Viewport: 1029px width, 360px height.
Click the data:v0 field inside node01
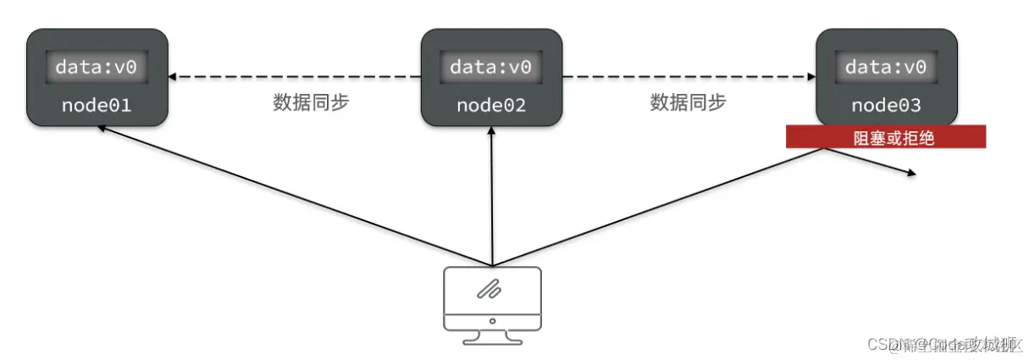tap(96, 67)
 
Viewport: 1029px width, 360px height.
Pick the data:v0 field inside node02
tap(491, 67)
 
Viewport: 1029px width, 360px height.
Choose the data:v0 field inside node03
tap(886, 67)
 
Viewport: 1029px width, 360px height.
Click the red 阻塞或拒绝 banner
tap(885, 137)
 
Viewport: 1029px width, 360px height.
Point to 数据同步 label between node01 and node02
tap(311, 102)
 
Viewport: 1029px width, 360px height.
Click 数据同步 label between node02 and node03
tap(688, 102)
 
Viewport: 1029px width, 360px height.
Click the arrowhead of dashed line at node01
tap(173, 77)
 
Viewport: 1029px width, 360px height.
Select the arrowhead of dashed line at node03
tap(810, 77)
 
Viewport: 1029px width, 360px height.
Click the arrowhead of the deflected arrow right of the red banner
tap(911, 174)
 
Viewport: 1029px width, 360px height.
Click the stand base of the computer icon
tap(492, 340)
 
